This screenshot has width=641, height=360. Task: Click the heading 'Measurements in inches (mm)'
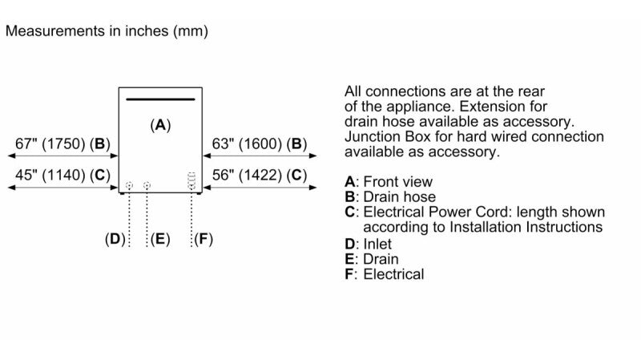coord(107,31)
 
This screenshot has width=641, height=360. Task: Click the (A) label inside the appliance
coord(160,125)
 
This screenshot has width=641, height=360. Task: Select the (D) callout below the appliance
coord(116,239)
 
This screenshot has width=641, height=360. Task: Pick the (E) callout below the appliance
coord(160,239)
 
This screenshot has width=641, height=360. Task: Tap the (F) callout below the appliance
coord(204,239)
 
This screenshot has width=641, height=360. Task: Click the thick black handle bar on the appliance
coord(160,99)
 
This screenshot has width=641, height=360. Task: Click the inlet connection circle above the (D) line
coord(128,186)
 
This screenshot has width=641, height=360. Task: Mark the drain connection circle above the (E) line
coord(147,186)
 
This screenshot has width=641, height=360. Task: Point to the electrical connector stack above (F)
coord(191,181)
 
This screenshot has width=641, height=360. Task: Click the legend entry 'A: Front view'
coord(388,182)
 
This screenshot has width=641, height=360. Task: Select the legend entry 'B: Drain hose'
coord(390,197)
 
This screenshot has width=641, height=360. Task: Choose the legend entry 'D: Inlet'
coord(373,244)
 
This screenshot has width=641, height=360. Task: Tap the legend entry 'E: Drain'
coord(374,259)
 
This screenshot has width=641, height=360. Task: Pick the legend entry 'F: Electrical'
coord(384,274)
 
